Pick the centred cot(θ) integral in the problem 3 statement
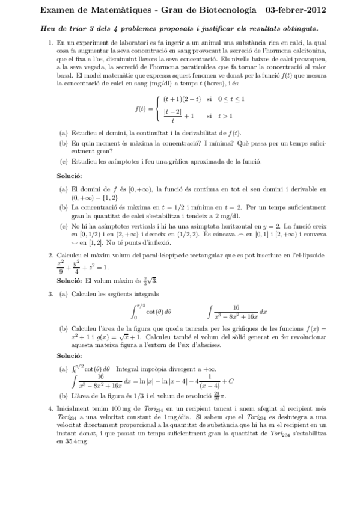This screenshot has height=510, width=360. coord(152,312)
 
